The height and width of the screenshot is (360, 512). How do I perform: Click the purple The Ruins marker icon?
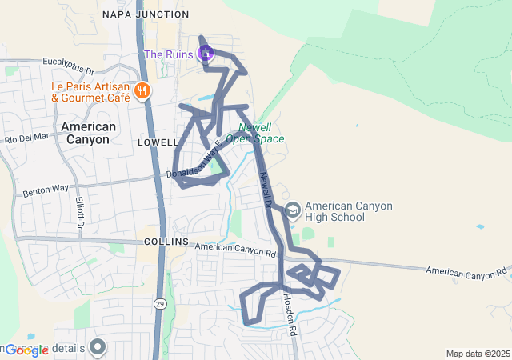[x=205, y=54]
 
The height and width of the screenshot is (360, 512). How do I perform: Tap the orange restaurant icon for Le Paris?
[x=142, y=91]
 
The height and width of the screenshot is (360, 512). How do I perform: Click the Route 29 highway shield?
[x=160, y=304]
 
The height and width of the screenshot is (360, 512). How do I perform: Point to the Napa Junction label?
[x=146, y=14]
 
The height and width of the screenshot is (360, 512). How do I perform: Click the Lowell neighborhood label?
[x=158, y=142]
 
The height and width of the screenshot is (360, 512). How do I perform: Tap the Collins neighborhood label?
[x=166, y=242]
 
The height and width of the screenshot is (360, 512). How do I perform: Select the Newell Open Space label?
[x=255, y=133]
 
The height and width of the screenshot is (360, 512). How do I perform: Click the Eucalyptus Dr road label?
[x=69, y=61]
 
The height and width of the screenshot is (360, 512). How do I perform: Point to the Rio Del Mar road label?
[x=27, y=138]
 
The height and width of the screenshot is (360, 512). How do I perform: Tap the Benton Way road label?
[x=46, y=190]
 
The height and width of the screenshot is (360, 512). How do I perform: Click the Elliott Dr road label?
[x=79, y=211]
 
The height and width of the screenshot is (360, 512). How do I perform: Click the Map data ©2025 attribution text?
[x=478, y=354]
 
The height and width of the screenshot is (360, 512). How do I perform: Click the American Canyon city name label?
[x=88, y=133]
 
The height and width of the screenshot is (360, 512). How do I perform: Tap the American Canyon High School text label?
[x=349, y=211]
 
